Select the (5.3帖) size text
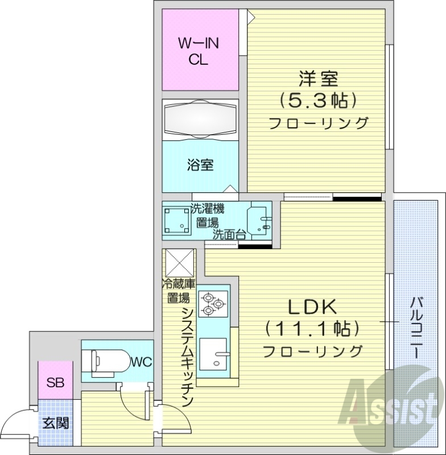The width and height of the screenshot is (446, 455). click(317, 101)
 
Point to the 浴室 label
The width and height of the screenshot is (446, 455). click(200, 166)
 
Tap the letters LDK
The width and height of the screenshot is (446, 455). click(312, 307)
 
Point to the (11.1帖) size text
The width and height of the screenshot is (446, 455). click(312, 329)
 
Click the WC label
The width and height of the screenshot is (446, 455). click(141, 362)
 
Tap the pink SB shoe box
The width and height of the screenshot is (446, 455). click(55, 381)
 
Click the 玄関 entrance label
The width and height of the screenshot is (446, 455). click(55, 423)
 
